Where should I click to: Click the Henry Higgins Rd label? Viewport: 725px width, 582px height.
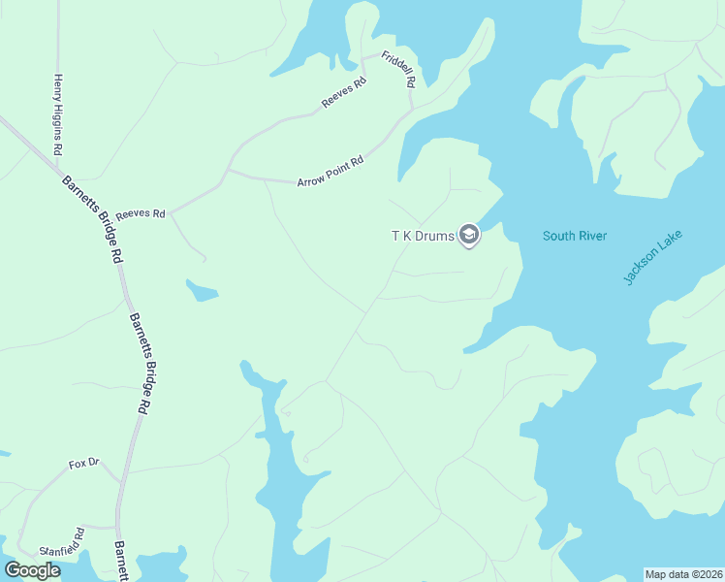tap(59, 114)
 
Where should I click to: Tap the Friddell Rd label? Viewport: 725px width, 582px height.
tap(398, 70)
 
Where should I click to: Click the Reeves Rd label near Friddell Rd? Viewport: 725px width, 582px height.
tap(345, 94)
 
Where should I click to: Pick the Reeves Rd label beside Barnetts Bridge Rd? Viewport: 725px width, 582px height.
tap(141, 213)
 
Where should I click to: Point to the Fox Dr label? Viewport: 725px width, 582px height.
tap(84, 464)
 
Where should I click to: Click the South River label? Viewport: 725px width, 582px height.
tap(574, 236)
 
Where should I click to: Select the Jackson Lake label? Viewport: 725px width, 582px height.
tap(653, 256)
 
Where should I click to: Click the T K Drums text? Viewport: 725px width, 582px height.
tap(423, 236)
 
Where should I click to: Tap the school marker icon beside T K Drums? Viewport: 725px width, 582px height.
tap(469, 235)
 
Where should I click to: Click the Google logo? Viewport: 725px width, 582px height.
tap(32, 570)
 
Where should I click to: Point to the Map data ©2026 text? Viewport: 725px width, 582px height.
tap(683, 573)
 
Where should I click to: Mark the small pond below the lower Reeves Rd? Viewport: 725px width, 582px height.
tap(202, 290)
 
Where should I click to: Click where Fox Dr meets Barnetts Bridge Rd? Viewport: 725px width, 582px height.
tap(120, 480)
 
